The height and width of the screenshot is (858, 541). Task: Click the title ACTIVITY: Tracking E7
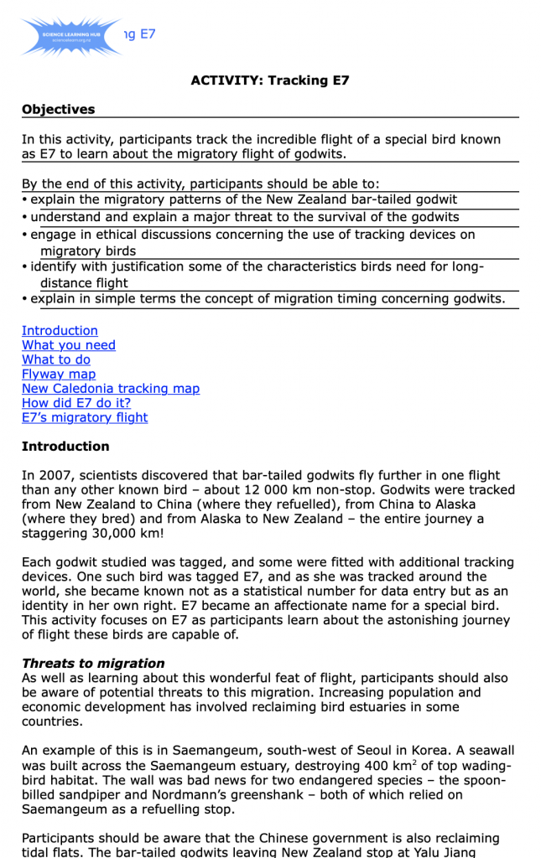269,80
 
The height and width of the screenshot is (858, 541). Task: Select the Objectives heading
58,110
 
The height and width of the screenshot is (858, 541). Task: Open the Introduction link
60,331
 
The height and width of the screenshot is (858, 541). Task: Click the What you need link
69,345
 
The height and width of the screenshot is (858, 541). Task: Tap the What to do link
56,359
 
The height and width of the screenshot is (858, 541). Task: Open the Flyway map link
59,375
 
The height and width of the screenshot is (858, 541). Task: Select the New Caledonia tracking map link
111,389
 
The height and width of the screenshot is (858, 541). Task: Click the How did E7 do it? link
76,403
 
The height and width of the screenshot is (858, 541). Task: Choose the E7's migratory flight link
85,417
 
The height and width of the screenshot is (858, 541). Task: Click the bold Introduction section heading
65,447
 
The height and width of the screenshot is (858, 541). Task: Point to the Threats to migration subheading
93,664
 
